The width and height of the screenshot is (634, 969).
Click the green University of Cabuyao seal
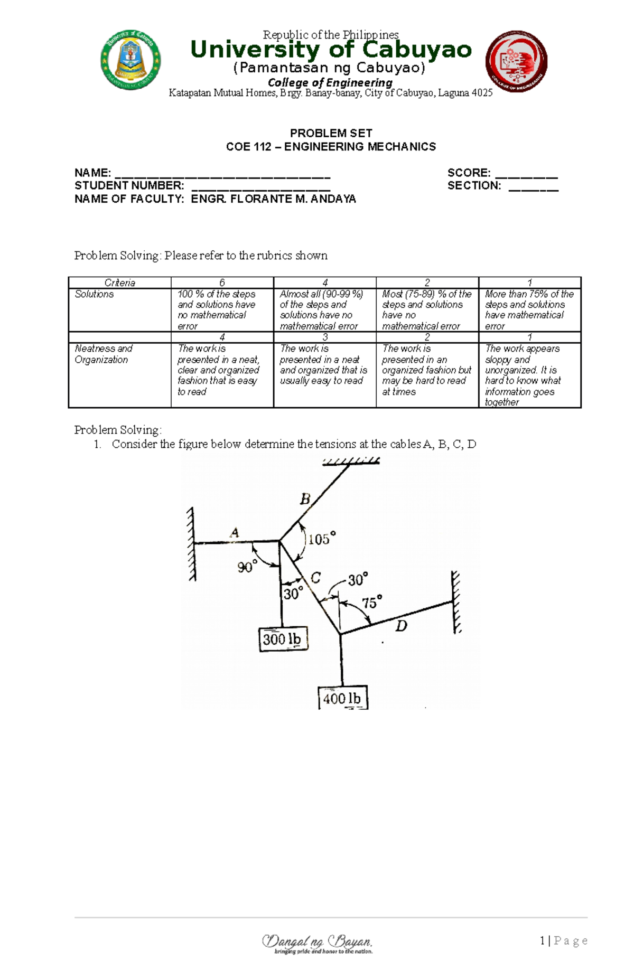click(x=130, y=60)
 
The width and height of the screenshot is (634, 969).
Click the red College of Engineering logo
click(x=516, y=61)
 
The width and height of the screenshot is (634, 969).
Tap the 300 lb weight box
click(x=283, y=639)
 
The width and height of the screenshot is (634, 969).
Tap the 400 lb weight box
click(x=342, y=698)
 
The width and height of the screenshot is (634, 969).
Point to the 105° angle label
click(x=322, y=539)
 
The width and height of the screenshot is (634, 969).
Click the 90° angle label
click(x=247, y=567)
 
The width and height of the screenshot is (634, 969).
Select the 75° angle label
click(x=371, y=603)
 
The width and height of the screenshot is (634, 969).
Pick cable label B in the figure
click(x=305, y=499)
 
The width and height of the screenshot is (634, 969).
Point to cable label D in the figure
click(x=402, y=626)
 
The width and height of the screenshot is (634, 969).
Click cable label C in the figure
click(x=315, y=577)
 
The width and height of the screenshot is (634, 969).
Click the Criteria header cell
click(x=119, y=283)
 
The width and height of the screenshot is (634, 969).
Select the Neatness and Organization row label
click(x=104, y=354)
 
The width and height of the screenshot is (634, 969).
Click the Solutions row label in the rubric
click(x=94, y=294)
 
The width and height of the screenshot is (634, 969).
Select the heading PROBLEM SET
click(x=331, y=133)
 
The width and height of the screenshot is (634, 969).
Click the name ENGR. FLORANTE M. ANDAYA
click(x=273, y=199)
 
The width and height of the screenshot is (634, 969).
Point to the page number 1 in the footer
click(x=543, y=940)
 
